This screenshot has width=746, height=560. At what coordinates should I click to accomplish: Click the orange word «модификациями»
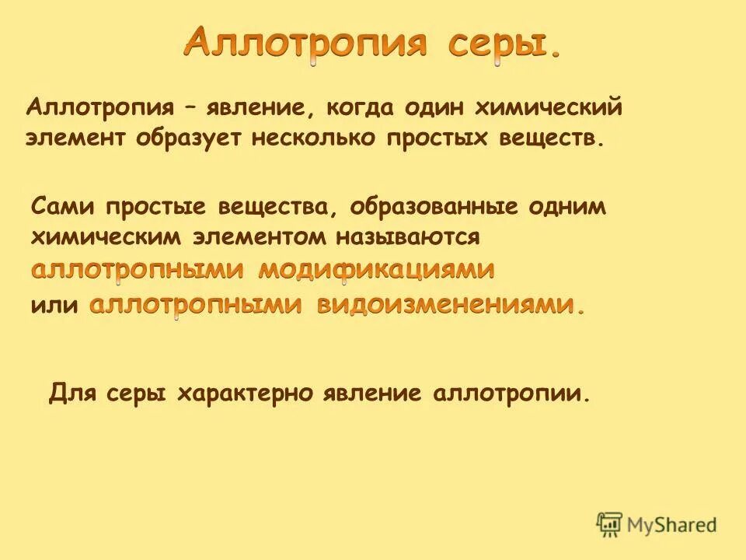point(376,271)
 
